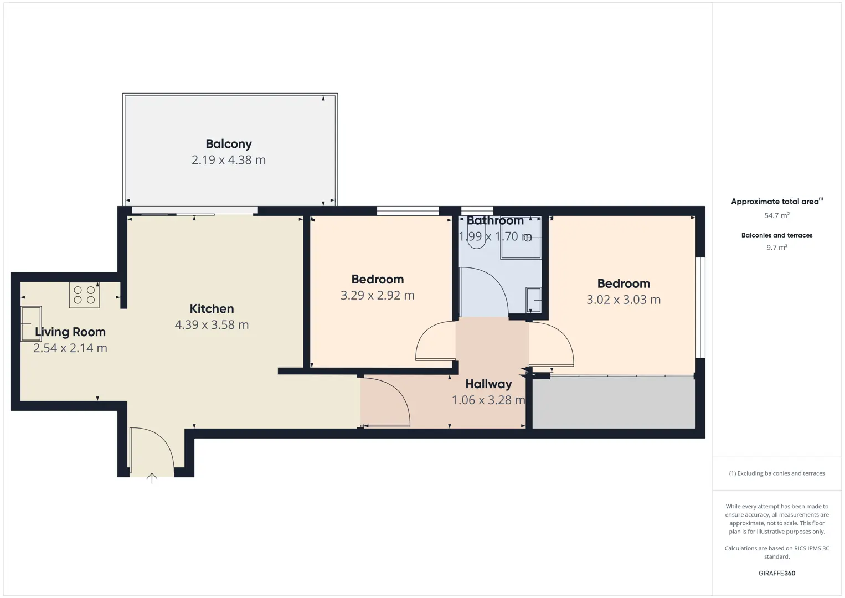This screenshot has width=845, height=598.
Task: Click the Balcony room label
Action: tap(229, 144)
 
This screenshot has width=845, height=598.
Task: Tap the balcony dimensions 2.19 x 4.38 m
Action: tap(229, 160)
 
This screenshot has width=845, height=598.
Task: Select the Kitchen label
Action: tap(212, 308)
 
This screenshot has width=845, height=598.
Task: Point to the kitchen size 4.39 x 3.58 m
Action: tap(212, 325)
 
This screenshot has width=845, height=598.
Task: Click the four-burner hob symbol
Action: tap(84, 295)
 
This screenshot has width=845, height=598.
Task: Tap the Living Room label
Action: tap(70, 332)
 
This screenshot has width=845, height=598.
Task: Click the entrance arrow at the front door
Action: tap(152, 478)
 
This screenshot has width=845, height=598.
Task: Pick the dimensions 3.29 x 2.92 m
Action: tap(378, 295)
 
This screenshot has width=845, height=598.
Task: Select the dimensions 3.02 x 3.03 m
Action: tap(624, 300)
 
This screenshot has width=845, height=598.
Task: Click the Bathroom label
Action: tap(495, 220)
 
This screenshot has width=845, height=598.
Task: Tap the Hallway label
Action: tap(488, 384)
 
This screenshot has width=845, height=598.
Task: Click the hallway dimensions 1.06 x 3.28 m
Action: tap(488, 400)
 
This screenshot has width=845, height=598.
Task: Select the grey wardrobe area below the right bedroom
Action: tap(614, 403)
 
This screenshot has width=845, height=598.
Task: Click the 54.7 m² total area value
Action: tap(777, 215)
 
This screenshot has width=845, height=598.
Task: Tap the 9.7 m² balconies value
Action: tap(777, 247)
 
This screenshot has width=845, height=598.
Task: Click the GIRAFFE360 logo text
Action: tap(777, 573)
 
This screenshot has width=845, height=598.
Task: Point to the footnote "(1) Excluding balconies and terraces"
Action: tap(777, 473)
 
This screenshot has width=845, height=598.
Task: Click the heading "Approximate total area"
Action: tap(775, 202)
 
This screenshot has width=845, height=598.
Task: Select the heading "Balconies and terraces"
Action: tap(777, 235)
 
